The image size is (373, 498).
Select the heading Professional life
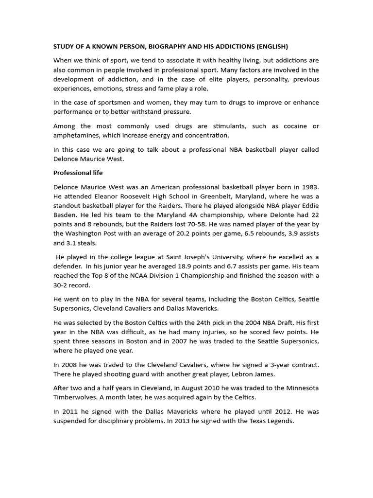coord(78,173)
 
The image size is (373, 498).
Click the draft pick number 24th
coord(186,322)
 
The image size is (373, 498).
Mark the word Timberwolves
coord(77,397)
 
